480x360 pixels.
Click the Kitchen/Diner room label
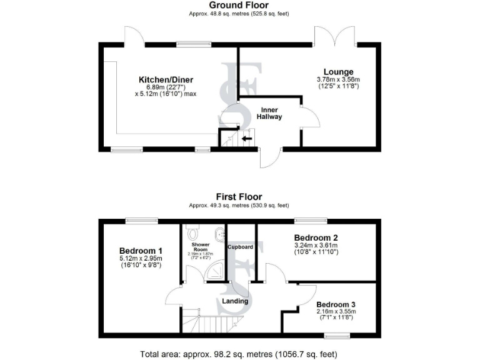pos(166,79)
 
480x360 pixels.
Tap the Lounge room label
pos(338,72)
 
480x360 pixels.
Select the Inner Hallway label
pos(271,113)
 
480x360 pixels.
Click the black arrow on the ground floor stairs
pos(247,139)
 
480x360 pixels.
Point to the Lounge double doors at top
pos(335,37)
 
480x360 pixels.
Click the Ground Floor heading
pos(239,5)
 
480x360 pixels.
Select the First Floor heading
pos(239,196)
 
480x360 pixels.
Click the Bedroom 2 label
pos(316,237)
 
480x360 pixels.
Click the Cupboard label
pos(241,247)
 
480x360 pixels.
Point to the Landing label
pos(235,301)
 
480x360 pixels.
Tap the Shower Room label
pos(200,247)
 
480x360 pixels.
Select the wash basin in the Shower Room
pos(218,234)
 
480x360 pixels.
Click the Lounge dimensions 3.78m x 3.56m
pos(338,80)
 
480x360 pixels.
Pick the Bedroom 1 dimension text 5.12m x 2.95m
pos(141,258)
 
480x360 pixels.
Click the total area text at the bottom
pos(239,354)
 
